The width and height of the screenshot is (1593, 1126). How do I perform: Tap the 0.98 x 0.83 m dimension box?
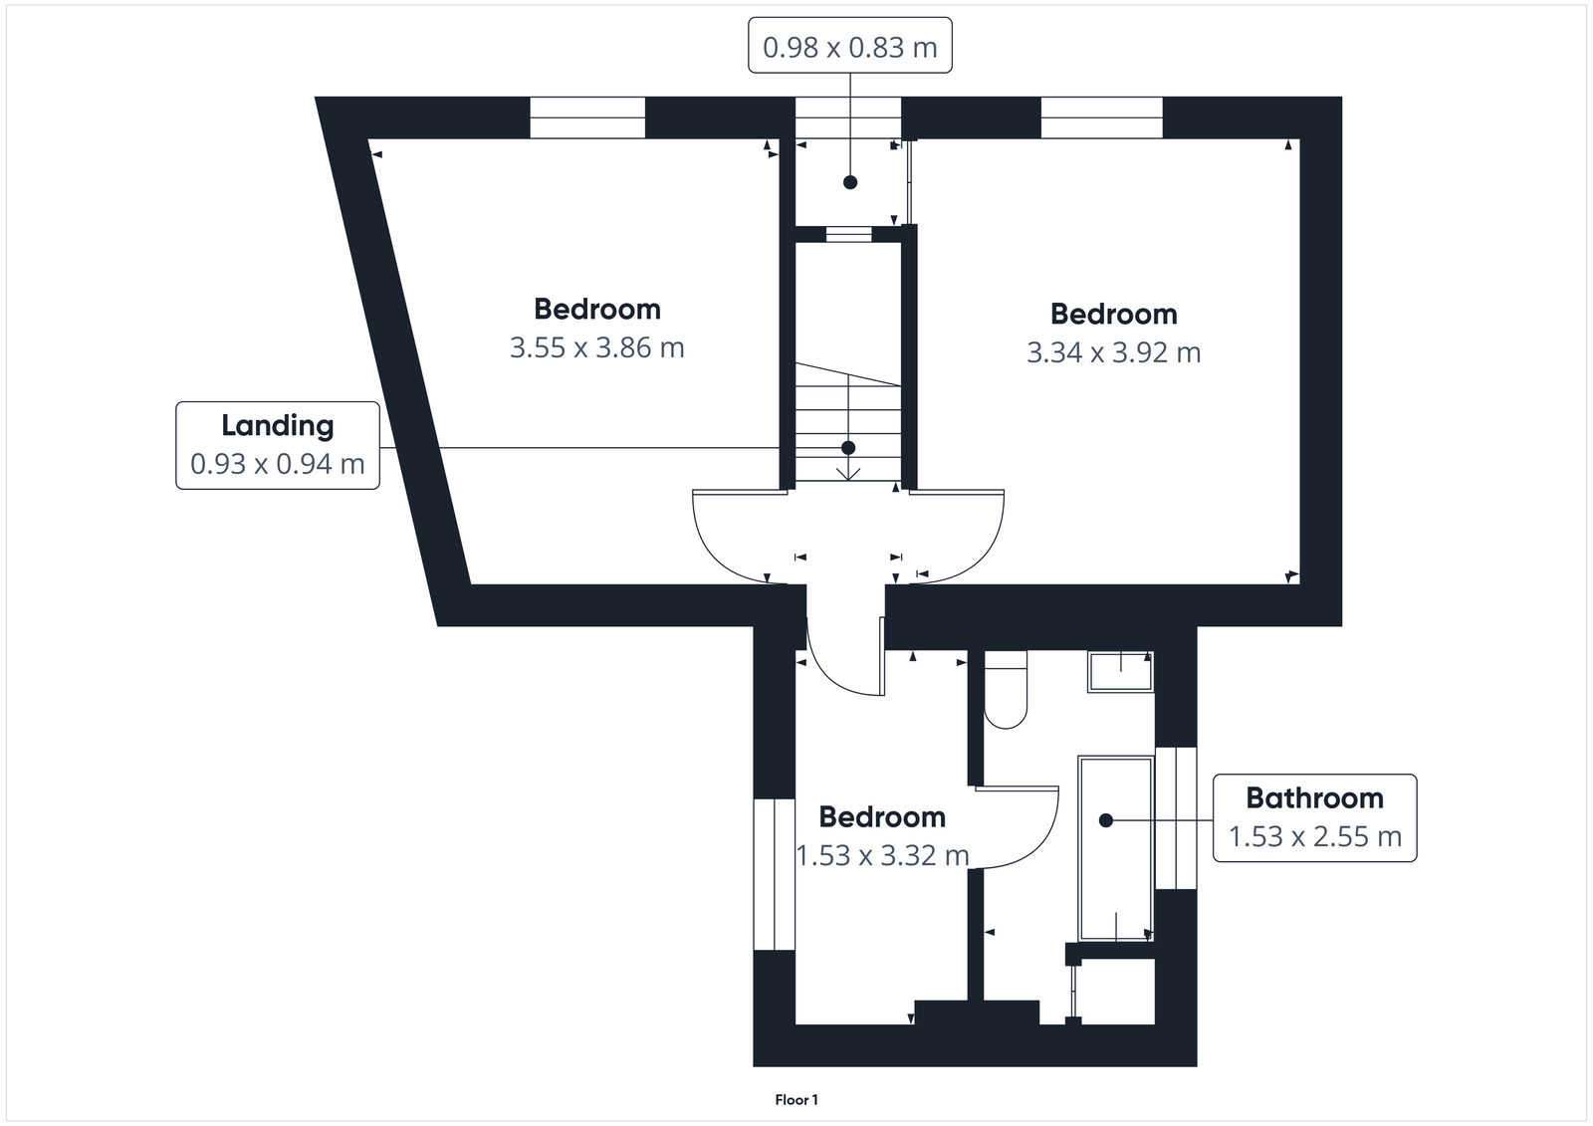pyautogui.click(x=849, y=47)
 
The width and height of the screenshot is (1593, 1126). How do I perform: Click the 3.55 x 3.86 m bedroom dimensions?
pyautogui.click(x=596, y=348)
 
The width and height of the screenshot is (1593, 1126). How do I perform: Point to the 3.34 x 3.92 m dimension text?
pyautogui.click(x=1113, y=353)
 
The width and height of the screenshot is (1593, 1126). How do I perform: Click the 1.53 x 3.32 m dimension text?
pyautogui.click(x=882, y=856)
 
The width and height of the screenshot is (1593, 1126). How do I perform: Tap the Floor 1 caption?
pyautogui.click(x=796, y=1100)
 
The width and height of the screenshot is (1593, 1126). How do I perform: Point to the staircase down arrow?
pyautogui.click(x=848, y=468)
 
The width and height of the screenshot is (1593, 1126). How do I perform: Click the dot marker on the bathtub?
pyautogui.click(x=1105, y=820)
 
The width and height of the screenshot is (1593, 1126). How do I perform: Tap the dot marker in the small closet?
pyautogui.click(x=849, y=182)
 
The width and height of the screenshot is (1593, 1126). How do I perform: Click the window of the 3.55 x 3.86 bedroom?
pyautogui.click(x=587, y=117)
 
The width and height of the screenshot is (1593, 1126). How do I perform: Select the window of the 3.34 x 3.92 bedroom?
pyautogui.click(x=1101, y=117)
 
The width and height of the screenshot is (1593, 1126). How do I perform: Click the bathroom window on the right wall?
pyautogui.click(x=1176, y=817)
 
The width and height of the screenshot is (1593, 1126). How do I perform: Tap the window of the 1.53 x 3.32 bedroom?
pyautogui.click(x=774, y=874)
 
